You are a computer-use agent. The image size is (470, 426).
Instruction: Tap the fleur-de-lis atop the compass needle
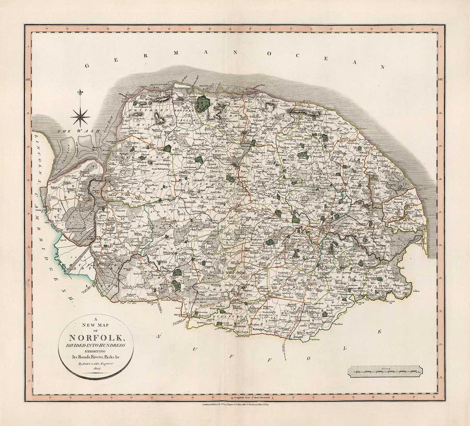(x=81, y=93)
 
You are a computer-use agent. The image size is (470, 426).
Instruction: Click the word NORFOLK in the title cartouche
(x=98, y=332)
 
